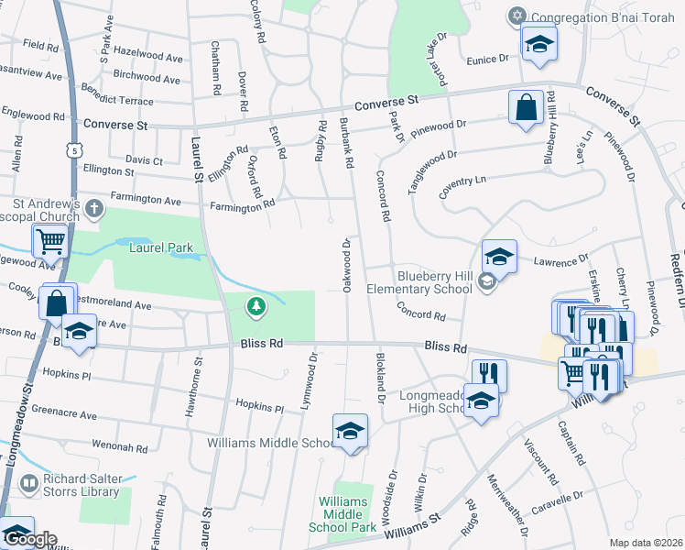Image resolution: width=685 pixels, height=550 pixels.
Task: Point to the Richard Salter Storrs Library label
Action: [x=82, y=484]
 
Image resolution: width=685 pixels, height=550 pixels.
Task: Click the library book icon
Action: [x=30, y=482]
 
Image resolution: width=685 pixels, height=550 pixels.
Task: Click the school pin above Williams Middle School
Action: [x=349, y=431]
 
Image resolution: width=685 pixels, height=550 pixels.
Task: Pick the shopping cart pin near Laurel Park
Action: [x=49, y=242]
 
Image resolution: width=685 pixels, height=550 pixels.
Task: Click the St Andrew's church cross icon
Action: [x=92, y=210]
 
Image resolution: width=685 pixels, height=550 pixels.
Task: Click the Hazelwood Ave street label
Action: [x=147, y=58]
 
